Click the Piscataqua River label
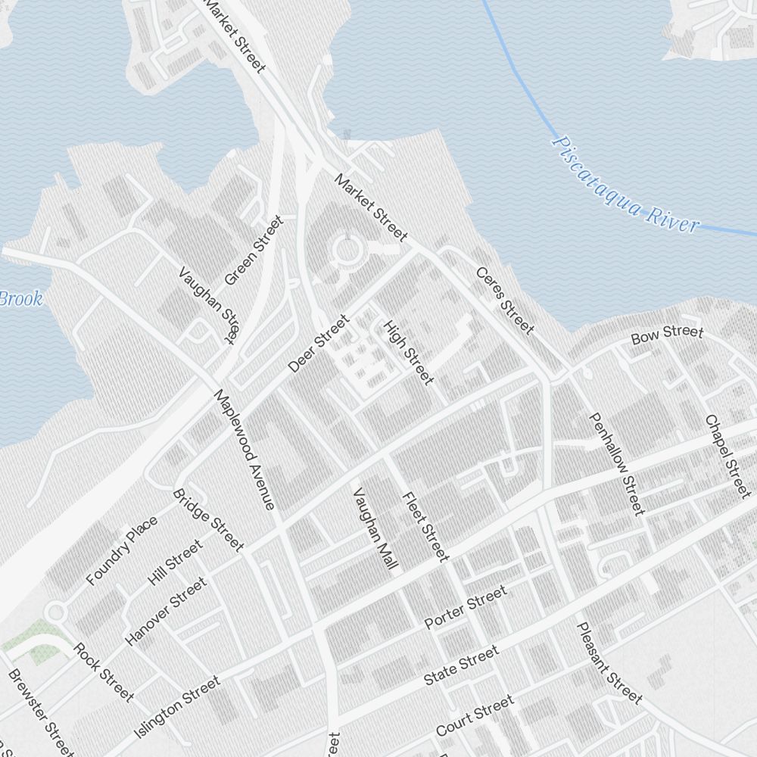click(x=625, y=184)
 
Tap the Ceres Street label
click(x=505, y=300)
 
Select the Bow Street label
click(x=667, y=333)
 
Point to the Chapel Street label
click(x=727, y=456)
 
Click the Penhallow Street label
click(x=617, y=463)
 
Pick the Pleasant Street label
click(x=609, y=662)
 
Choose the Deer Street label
click(x=319, y=344)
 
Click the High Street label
click(x=408, y=352)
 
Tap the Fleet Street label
click(x=425, y=527)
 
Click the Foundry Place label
click(x=122, y=550)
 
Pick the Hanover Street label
click(x=166, y=611)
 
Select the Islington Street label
click(x=177, y=708)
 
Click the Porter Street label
click(x=465, y=608)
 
